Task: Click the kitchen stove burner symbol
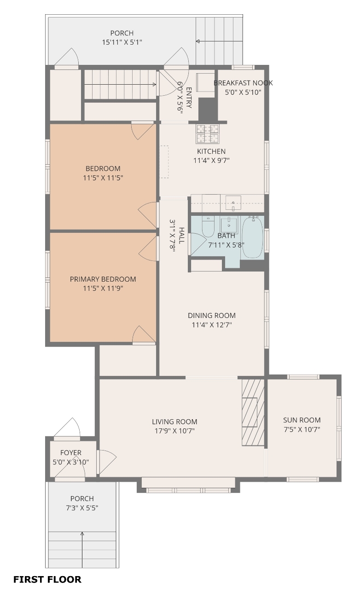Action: point(207,133)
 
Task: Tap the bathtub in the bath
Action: point(252,237)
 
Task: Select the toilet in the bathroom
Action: point(208,227)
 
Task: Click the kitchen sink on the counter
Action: point(233,203)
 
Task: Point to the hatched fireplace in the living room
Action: point(253,412)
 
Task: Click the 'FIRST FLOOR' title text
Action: point(47,579)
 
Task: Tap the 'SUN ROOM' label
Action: point(302,420)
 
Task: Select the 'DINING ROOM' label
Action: point(212,315)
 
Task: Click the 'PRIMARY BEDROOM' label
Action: point(103,279)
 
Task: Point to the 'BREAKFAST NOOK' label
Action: point(243,83)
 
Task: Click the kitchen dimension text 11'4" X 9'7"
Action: point(212,161)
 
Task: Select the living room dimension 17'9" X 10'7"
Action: point(174,431)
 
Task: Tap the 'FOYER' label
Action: point(71,452)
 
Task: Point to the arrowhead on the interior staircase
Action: point(155,84)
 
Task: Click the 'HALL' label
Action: point(181,236)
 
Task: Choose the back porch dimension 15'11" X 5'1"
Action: point(122,42)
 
